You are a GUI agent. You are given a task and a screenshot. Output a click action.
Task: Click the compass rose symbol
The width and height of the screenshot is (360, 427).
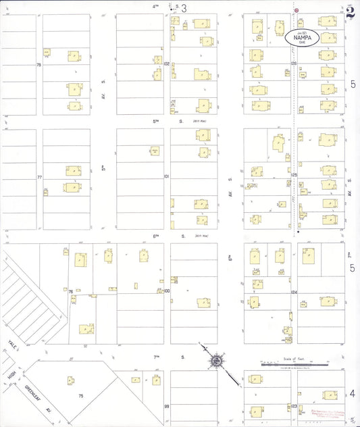pyautogui.click(x=217, y=361)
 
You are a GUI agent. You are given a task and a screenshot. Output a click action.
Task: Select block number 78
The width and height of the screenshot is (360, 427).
pyautogui.click(x=39, y=65)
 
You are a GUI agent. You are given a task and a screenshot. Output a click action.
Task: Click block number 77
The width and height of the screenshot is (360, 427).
pyautogui.click(x=39, y=177)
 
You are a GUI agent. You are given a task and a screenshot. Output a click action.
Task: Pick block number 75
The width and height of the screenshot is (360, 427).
pyautogui.click(x=80, y=395)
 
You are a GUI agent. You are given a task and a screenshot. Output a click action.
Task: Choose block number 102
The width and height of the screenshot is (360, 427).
pyautogui.click(x=166, y=63)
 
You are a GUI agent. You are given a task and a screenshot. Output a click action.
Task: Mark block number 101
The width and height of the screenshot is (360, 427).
pyautogui.click(x=166, y=176)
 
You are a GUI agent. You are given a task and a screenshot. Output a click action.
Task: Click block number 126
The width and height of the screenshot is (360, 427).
pyautogui.click(x=294, y=63)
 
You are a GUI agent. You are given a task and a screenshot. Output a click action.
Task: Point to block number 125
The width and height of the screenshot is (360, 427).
pyautogui.click(x=294, y=174)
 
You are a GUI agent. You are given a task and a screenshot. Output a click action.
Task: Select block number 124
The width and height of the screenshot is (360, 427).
pyautogui.click(x=294, y=291)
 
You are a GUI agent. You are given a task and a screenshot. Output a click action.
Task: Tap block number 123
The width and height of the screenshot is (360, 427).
pyautogui.click(x=294, y=405)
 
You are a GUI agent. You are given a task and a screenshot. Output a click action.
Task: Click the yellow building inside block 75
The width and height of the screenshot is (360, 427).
pyautogui.click(x=70, y=380)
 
